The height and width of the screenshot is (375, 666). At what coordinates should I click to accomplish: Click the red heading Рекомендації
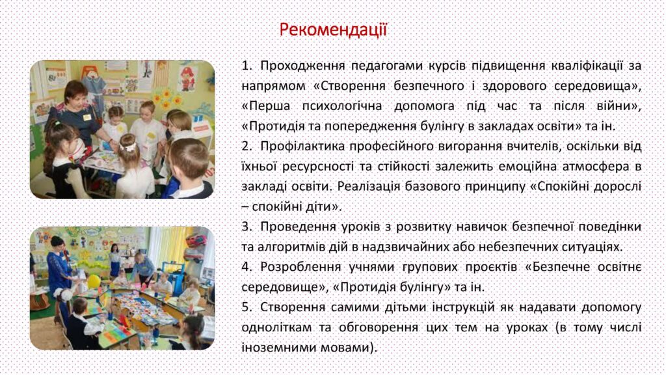tap(333, 30)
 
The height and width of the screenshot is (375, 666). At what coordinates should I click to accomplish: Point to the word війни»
tap(619, 106)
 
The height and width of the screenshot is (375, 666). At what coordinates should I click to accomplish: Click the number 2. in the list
tap(247, 146)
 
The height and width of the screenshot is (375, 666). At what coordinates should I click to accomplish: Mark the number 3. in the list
tap(247, 227)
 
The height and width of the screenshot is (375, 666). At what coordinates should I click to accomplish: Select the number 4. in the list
tap(247, 267)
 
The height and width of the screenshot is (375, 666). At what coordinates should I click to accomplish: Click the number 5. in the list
tap(247, 307)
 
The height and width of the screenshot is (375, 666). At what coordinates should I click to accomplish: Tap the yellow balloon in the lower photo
tap(94, 281)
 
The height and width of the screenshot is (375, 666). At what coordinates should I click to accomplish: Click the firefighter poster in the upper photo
tap(187, 78)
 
